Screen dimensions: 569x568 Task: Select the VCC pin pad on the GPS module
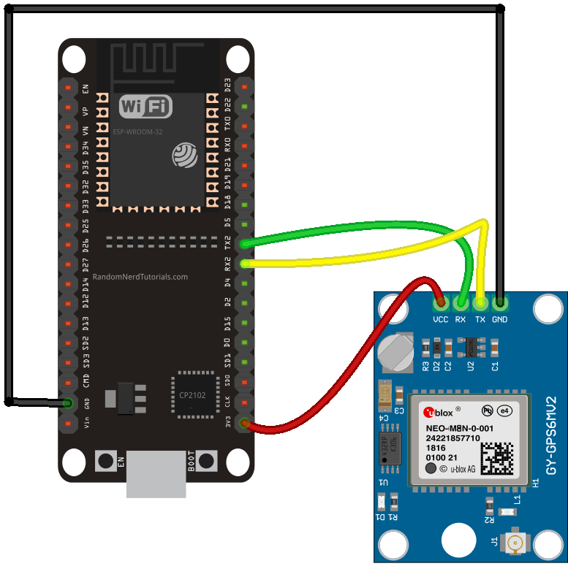coord(440,301)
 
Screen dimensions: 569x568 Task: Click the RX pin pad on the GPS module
coord(461,301)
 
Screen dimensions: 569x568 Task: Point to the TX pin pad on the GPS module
coord(480,301)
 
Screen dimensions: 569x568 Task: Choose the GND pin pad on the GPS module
coord(500,301)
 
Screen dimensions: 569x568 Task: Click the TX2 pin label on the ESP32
coord(227,242)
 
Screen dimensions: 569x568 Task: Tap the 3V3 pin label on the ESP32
coord(227,423)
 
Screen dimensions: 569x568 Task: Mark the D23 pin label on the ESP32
coord(227,85)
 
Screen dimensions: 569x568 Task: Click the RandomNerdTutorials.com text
coord(140,278)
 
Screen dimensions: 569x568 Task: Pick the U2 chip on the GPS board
coord(471,343)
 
